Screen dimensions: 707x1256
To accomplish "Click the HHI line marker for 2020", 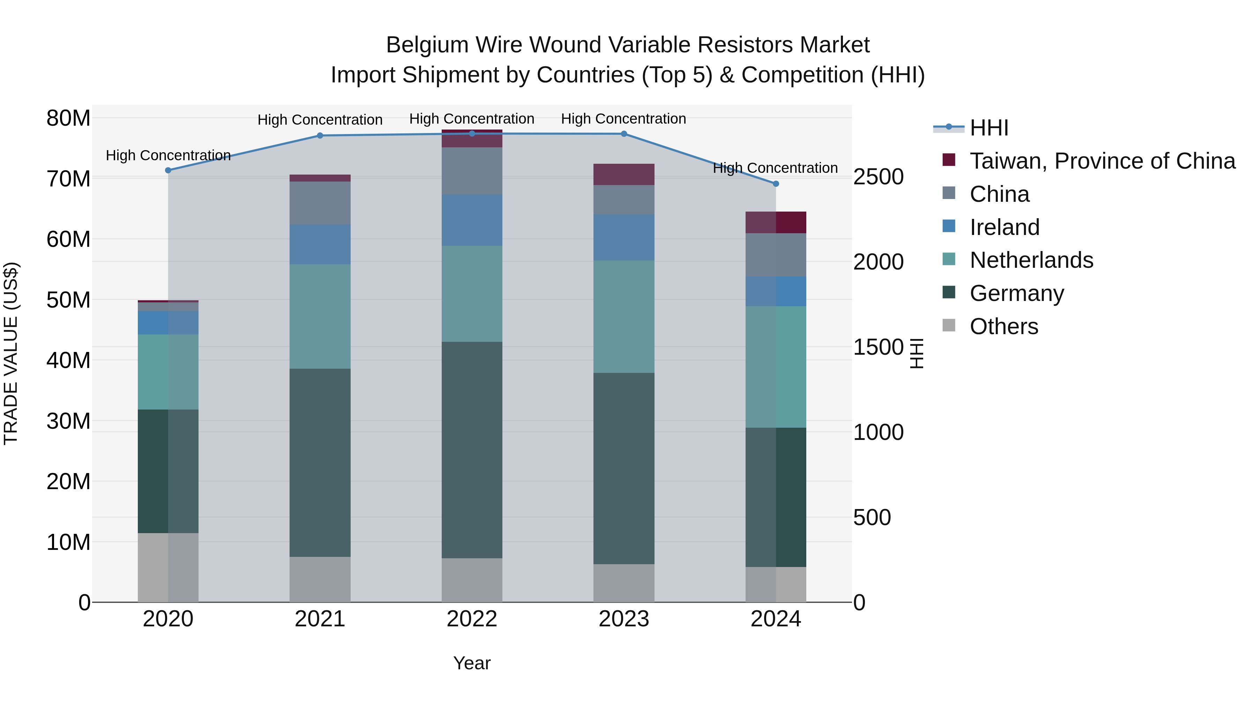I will (x=168, y=170).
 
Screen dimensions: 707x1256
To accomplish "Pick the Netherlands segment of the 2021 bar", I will (x=320, y=316).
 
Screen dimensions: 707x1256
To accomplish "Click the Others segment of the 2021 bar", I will (x=320, y=579).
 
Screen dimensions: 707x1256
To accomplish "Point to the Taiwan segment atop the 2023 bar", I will (x=623, y=174).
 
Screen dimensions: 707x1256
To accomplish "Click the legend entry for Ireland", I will (x=1004, y=227).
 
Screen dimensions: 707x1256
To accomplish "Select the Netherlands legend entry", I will (x=1031, y=260).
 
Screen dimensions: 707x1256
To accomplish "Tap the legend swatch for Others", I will (x=949, y=325).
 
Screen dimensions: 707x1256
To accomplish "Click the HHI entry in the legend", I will (x=989, y=128).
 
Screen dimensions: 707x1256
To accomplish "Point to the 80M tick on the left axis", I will (x=68, y=118).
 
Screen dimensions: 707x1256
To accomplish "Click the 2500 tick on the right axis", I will (x=878, y=177).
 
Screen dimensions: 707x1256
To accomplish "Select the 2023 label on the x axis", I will (x=623, y=619).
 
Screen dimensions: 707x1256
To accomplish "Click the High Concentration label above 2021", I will (x=320, y=119).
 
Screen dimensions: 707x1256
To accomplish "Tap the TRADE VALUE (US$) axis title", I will (x=11, y=353).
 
